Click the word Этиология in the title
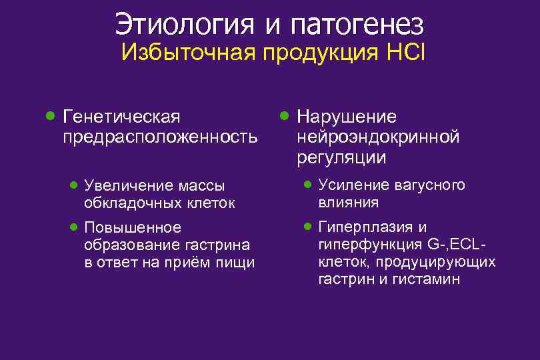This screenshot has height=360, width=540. point(184,25)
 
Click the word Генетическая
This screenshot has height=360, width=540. point(121,117)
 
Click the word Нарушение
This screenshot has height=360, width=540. point(347,117)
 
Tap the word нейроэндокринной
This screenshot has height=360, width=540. point(378,137)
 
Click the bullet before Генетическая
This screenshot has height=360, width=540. point(49,116)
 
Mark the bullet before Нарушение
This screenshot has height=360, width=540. point(284,116)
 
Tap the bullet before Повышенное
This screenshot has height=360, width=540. point(75,227)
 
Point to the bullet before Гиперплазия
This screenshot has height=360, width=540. point(307,226)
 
